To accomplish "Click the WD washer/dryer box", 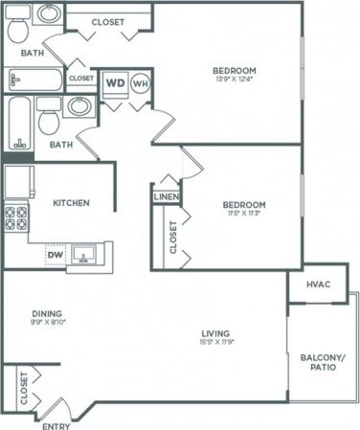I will [115, 82].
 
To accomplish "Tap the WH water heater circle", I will [141, 82].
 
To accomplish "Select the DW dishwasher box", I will [56, 255].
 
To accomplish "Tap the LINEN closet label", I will [164, 197].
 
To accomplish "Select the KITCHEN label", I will [71, 203].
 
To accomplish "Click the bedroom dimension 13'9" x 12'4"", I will [234, 81].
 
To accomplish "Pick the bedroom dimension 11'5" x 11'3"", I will [244, 215].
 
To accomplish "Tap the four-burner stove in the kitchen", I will [16, 219].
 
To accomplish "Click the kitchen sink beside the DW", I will [87, 255].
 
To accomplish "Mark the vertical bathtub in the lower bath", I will [18, 124].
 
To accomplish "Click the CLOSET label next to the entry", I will [21, 387].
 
